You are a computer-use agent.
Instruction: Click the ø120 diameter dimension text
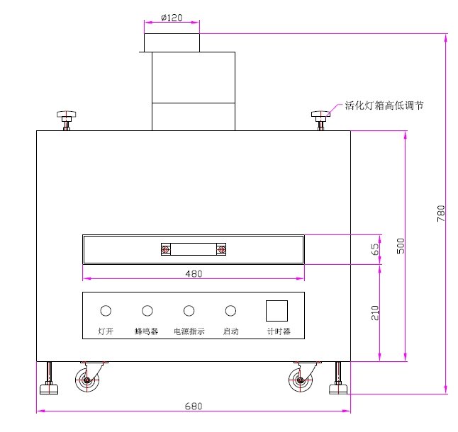coord(172,17)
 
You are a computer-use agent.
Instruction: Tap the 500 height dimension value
coord(400,246)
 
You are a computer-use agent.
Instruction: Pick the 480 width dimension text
coord(194,273)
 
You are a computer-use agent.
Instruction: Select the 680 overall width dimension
coord(194,407)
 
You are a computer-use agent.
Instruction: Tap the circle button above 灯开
coord(106,310)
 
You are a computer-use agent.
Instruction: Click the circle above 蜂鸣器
coord(147,310)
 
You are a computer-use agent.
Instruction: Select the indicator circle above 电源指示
coord(189,310)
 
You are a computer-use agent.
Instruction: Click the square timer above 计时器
coord(277,312)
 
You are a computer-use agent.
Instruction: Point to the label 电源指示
coord(189,331)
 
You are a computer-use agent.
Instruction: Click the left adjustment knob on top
coord(67,115)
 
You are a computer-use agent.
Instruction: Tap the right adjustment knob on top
coord(320,115)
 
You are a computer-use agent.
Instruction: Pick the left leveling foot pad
coord(50,387)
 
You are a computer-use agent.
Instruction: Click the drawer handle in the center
coord(193,249)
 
